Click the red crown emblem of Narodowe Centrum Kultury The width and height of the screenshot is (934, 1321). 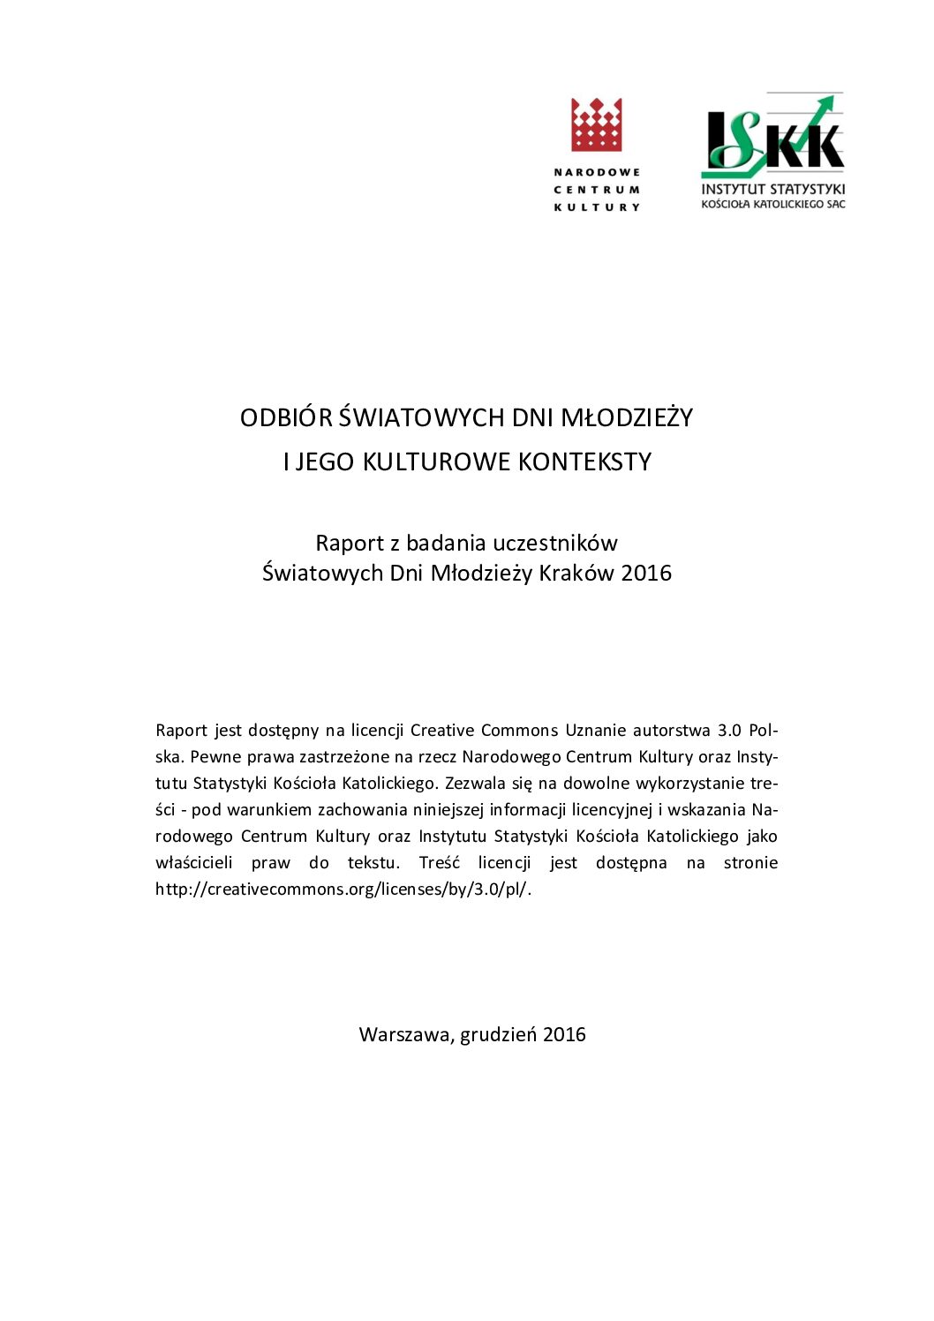tap(597, 124)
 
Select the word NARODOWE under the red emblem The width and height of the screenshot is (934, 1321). tap(597, 172)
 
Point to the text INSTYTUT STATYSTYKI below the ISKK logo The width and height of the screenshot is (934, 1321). tap(773, 189)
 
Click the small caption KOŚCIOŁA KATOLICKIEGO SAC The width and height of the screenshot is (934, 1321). tap(773, 205)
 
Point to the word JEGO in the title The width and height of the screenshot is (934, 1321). tap(326, 462)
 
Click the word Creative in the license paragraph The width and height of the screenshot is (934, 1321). tap(441, 730)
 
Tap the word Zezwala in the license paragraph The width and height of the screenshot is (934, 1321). tap(475, 783)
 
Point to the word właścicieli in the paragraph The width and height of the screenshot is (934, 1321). tap(194, 862)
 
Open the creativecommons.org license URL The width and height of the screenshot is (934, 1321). tap(343, 889)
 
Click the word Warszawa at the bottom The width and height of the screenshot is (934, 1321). tap(404, 1034)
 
